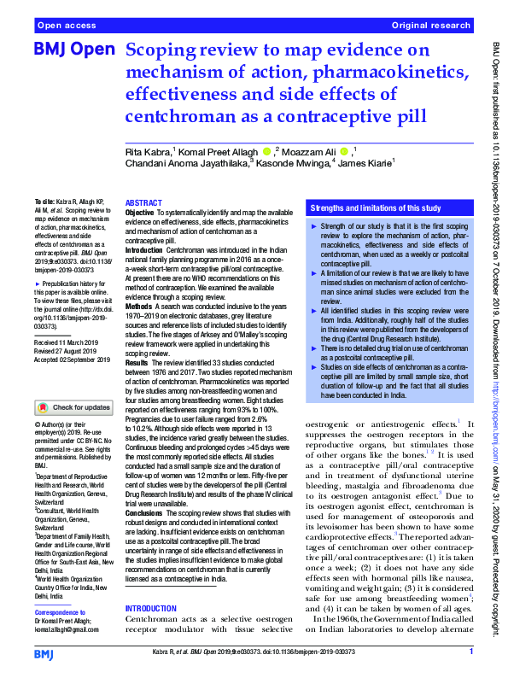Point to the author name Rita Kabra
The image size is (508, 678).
click(149, 152)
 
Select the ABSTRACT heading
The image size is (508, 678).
click(143, 204)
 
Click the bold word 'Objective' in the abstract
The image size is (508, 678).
click(140, 213)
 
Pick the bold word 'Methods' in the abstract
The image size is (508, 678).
click(139, 281)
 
